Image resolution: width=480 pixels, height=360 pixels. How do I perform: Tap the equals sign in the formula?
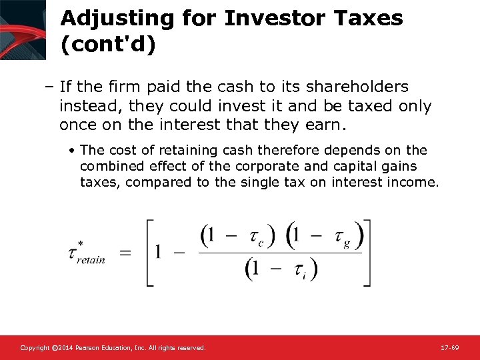[125, 252]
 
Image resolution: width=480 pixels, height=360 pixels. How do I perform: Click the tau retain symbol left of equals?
[85, 253]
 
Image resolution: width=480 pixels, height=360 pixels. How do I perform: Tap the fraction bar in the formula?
[280, 253]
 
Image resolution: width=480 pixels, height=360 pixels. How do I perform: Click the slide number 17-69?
[449, 348]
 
